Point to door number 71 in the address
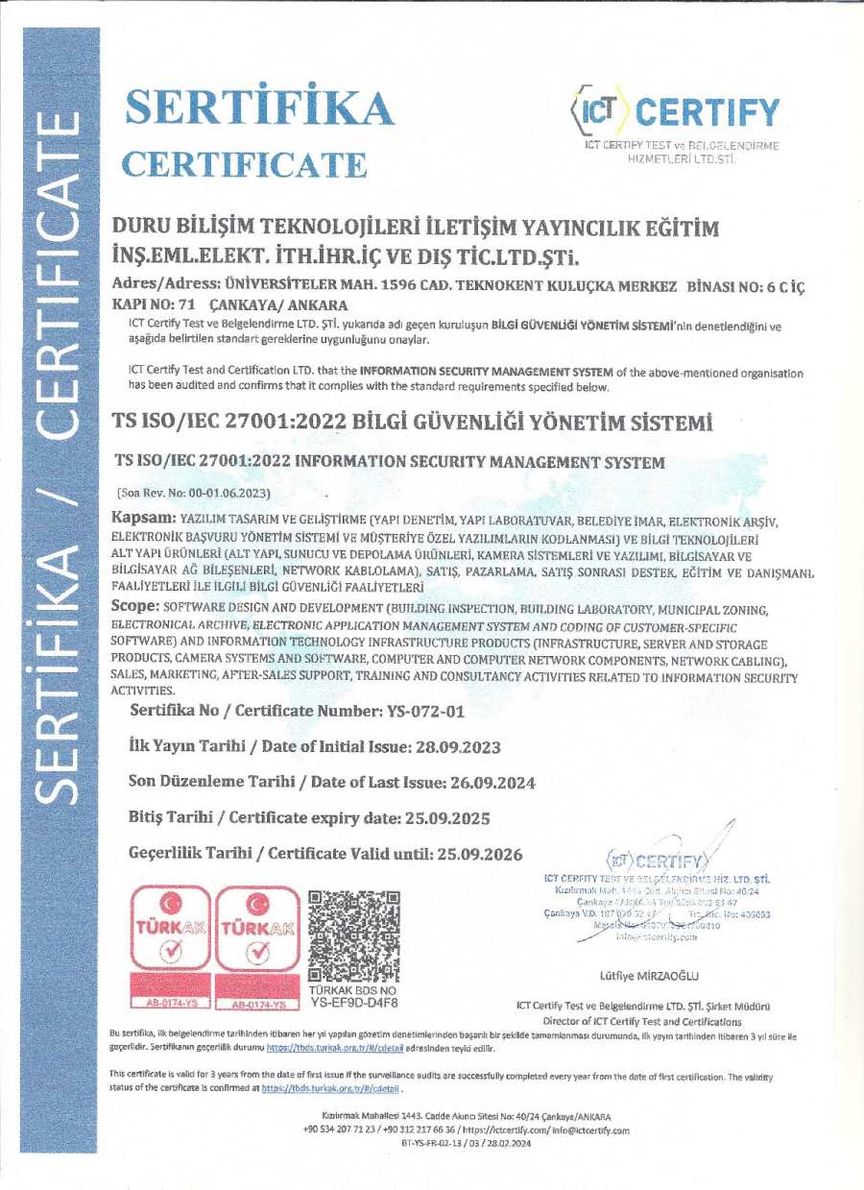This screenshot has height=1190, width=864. pyautogui.click(x=148, y=304)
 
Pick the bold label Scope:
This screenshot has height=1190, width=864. pyautogui.click(x=134, y=607)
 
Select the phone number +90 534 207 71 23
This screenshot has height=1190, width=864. pyautogui.click(x=341, y=1130)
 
